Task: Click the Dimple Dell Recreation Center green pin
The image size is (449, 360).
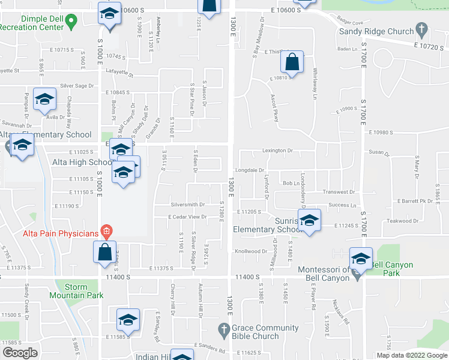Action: coord(71,24)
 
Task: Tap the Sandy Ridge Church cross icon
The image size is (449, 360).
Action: coord(421,29)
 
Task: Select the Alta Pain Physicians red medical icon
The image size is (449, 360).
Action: coord(106,230)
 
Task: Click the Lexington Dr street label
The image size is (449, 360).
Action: coord(277,151)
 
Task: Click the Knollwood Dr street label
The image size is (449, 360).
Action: coord(250,251)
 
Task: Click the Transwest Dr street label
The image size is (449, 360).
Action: coord(338,192)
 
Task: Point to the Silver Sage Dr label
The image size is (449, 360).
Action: coord(77,86)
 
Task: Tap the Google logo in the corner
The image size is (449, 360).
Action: coord(20,352)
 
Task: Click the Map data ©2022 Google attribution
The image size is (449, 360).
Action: coord(411,355)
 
